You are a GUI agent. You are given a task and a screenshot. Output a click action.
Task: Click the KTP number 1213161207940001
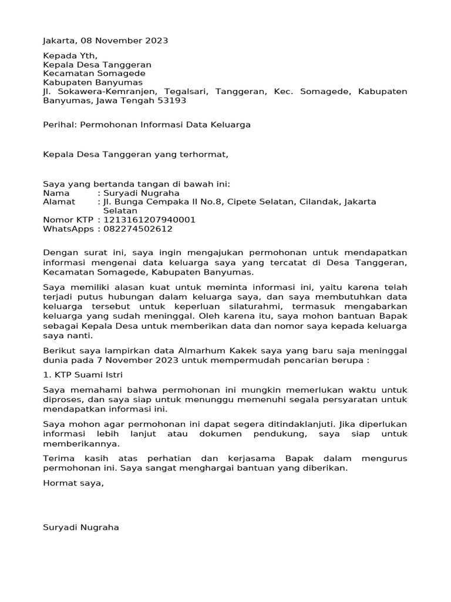point(150,220)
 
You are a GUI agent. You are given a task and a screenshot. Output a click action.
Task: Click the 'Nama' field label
point(56,192)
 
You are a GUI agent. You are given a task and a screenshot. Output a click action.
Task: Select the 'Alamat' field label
point(59,202)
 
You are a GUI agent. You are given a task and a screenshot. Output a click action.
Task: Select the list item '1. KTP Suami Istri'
point(83,374)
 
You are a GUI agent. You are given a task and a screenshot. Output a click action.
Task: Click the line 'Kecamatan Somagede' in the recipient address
point(94,73)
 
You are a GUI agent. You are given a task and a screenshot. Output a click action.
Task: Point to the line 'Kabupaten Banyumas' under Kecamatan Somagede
point(93,82)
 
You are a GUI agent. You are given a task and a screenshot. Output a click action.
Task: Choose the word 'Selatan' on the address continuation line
point(120,210)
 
